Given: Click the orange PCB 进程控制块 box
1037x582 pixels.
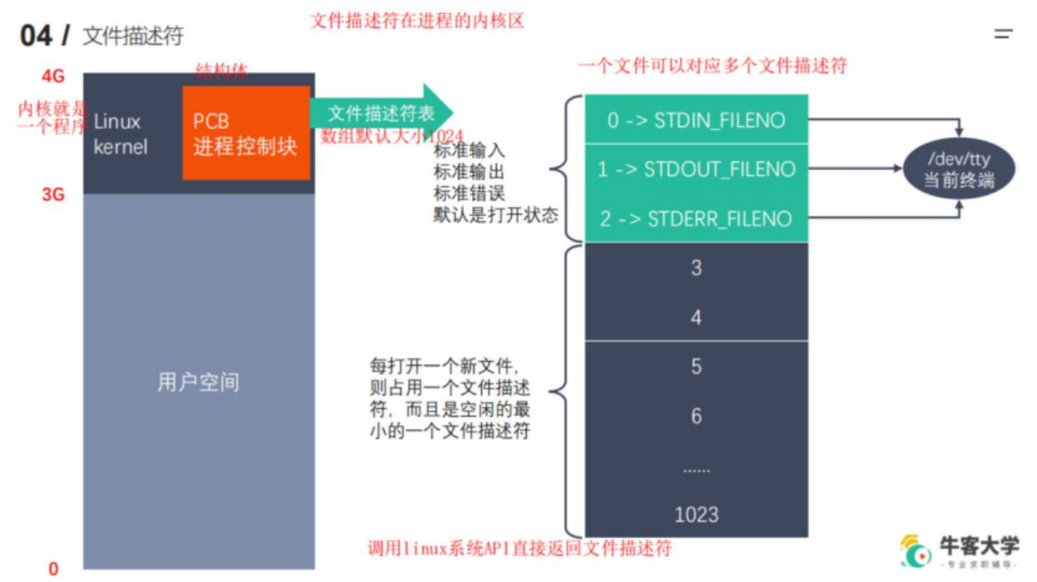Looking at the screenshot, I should [246, 133].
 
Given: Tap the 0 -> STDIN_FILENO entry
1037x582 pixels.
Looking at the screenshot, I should [695, 121].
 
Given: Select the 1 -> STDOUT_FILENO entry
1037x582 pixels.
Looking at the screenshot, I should [695, 170].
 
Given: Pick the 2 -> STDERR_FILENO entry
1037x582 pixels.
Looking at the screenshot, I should [695, 219].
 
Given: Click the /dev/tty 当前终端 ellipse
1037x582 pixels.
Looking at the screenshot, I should [959, 170].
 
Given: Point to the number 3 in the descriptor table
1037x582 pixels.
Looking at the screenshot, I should [696, 268].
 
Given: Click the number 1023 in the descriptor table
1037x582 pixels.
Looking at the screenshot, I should [696, 515].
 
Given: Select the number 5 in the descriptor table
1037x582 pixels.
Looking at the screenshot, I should [696, 367].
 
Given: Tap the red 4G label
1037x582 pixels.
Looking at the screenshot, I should [52, 76].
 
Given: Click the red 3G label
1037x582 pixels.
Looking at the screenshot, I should [52, 195].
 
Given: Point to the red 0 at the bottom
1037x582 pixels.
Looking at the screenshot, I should [54, 569].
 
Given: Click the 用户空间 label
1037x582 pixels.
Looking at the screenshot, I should [199, 382].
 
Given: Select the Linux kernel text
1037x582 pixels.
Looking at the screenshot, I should [120, 134].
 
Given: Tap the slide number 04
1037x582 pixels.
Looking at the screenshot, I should [35, 36].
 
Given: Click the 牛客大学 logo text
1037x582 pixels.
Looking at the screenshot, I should [979, 545].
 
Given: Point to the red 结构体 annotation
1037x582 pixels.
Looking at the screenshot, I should [221, 70].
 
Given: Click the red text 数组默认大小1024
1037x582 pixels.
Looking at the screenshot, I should [392, 136].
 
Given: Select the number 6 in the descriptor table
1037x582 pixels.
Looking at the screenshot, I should [696, 416].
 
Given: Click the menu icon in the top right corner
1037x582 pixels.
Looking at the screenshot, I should [1004, 34].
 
